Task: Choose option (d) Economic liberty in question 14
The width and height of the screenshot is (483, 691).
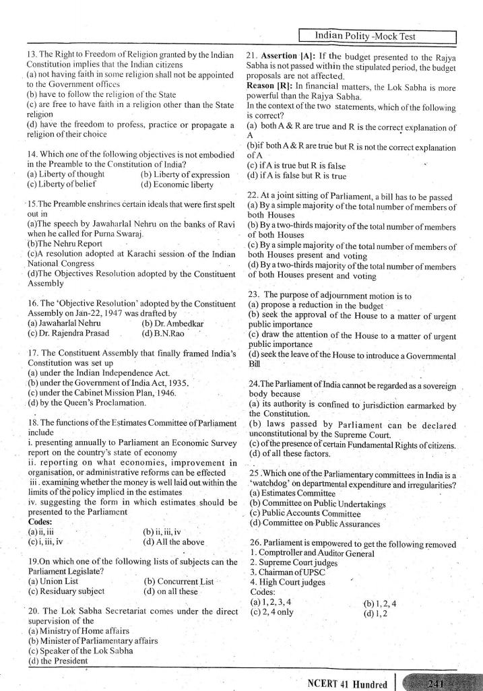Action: pyautogui.click(x=177, y=185)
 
